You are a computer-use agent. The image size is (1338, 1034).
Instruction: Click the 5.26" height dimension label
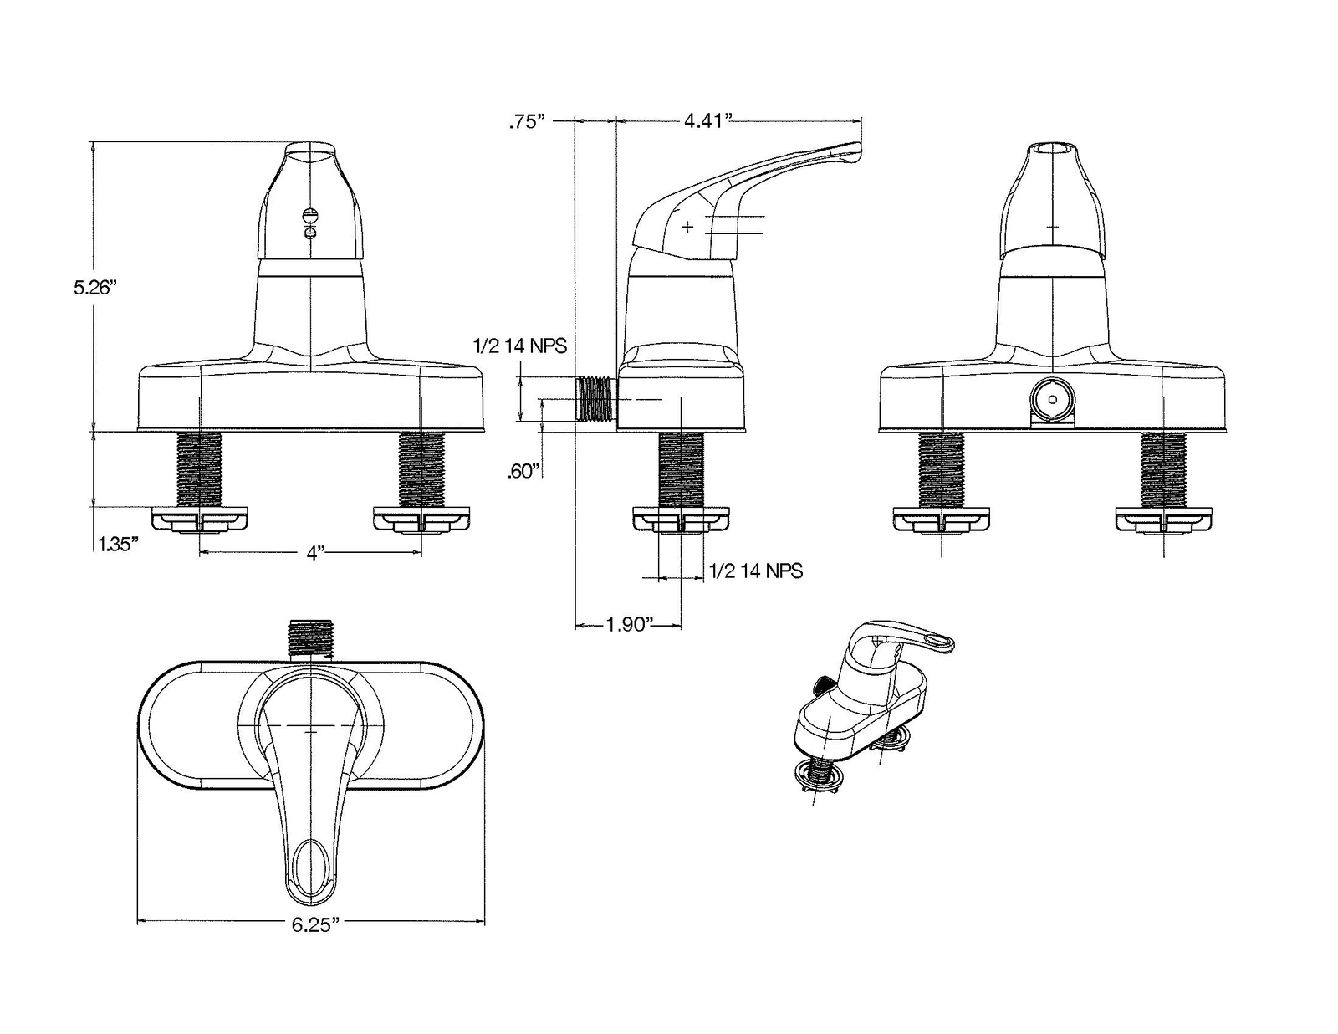[x=93, y=288]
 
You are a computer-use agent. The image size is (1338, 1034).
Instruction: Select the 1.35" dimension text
[x=117, y=544]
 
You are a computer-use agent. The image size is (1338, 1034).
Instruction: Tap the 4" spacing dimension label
[x=314, y=553]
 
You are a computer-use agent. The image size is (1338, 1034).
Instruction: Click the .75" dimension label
[x=527, y=122]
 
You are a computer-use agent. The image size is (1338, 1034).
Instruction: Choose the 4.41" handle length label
[x=708, y=122]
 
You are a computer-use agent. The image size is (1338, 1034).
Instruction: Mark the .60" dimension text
[x=524, y=472]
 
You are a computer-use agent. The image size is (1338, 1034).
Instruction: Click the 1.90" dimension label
[x=628, y=625]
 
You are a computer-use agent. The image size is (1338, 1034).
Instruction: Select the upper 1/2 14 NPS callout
[x=519, y=345]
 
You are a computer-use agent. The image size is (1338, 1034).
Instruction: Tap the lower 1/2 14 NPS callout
[x=756, y=571]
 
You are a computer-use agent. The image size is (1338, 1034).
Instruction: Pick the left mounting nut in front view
[x=200, y=520]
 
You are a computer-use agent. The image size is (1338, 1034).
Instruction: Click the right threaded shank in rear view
[x=1163, y=468]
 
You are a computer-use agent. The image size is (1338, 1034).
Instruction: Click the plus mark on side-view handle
[x=687, y=227]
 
